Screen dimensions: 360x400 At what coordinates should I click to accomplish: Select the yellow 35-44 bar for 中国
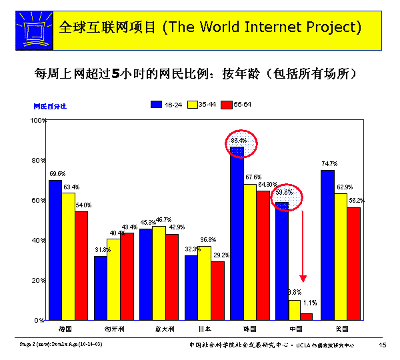[295, 310]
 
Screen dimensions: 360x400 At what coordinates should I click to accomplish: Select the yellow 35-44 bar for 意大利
[159, 273]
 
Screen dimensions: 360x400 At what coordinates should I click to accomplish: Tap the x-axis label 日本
[204, 329]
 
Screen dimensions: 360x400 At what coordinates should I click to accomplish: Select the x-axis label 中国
[295, 329]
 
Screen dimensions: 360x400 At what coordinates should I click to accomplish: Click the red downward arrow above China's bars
[303, 247]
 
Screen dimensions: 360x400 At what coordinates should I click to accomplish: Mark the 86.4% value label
[239, 141]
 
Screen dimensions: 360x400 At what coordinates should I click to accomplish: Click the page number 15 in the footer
[383, 345]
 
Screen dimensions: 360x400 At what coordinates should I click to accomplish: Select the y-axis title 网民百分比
[50, 106]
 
